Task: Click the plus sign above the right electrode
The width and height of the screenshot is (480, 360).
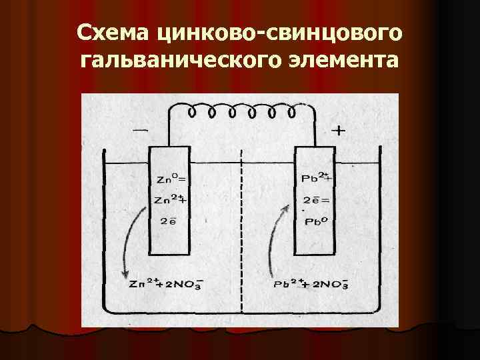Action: click(x=338, y=131)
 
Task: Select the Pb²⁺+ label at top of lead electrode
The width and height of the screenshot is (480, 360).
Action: click(x=316, y=178)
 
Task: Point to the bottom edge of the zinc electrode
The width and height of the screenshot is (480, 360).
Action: click(x=169, y=255)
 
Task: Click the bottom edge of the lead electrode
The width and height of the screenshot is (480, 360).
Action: click(x=315, y=255)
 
